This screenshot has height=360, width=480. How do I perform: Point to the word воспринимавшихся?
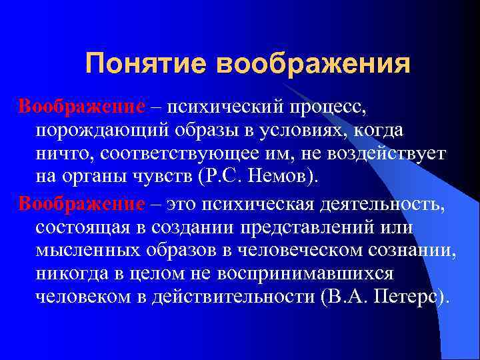[320, 275]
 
